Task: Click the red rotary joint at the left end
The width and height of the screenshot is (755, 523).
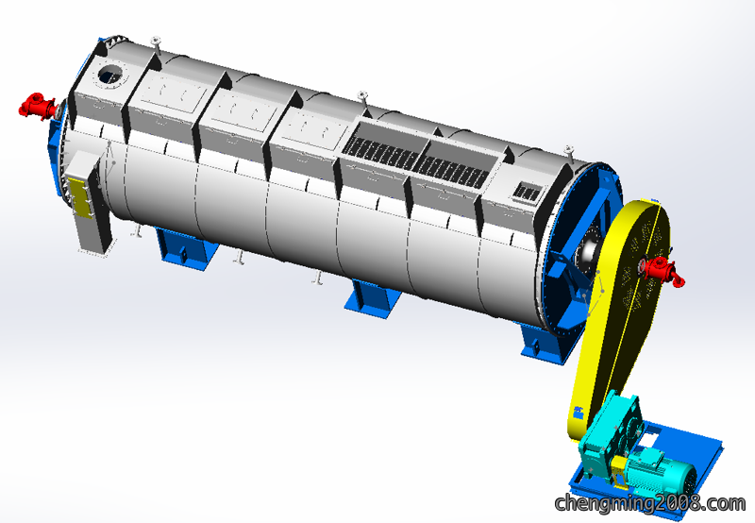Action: click(38, 107)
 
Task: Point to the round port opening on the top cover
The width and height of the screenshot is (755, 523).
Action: click(111, 75)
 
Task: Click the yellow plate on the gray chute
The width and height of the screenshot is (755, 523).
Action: click(81, 197)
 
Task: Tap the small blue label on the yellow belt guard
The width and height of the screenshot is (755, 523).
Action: click(578, 413)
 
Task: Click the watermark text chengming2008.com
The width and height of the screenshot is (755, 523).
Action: click(649, 504)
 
